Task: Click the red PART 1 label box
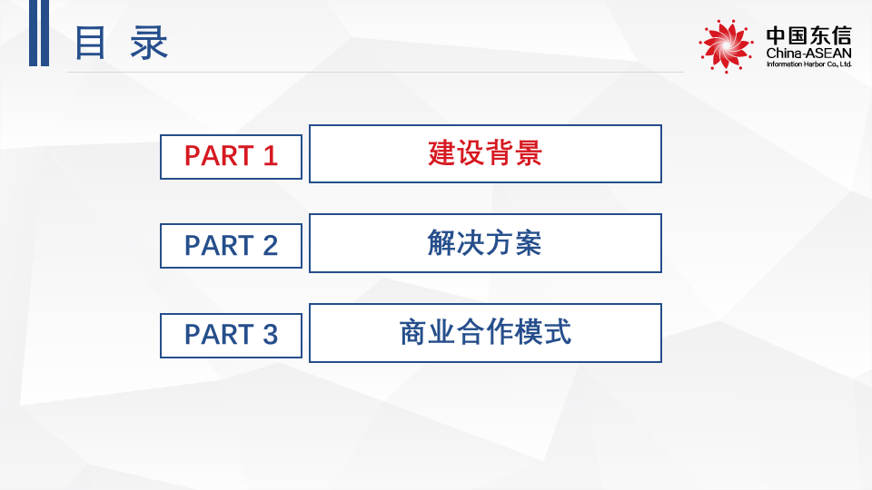tap(231, 156)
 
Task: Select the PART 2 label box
tap(231, 246)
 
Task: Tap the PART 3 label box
tap(231, 335)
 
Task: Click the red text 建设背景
tap(485, 153)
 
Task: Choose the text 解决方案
tap(485, 243)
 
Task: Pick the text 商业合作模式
tap(485, 333)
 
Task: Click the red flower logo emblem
tap(726, 44)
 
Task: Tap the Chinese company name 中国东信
tap(808, 35)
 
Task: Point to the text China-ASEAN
tap(808, 54)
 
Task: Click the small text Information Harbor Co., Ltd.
tap(808, 65)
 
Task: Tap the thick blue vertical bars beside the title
tap(38, 34)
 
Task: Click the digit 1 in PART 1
tap(270, 156)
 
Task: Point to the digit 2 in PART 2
tap(270, 246)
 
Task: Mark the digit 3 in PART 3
tap(270, 335)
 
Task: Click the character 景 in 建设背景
tap(529, 153)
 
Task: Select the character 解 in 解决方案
tap(441, 243)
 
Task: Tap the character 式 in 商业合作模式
tap(558, 333)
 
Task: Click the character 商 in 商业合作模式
tap(413, 333)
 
